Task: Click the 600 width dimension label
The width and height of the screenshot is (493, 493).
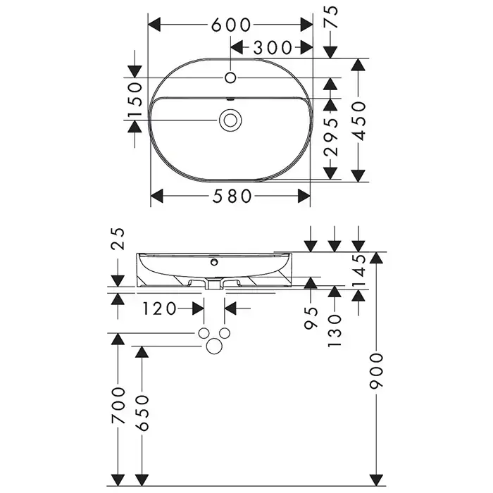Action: click(231, 25)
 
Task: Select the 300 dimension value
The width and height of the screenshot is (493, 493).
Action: click(273, 48)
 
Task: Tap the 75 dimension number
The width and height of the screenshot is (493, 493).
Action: click(331, 18)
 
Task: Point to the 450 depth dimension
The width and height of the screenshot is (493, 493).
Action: click(358, 120)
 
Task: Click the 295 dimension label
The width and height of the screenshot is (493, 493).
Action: click(331, 138)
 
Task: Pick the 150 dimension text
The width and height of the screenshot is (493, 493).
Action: click(135, 99)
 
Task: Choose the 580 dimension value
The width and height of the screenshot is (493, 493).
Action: click(232, 196)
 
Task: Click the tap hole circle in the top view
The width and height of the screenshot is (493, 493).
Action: click(230, 77)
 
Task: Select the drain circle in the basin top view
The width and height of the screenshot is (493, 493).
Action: click(230, 120)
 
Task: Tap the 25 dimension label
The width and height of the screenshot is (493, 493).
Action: click(118, 239)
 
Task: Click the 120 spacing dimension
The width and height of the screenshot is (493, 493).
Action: click(160, 308)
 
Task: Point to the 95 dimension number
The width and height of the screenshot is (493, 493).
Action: click(311, 318)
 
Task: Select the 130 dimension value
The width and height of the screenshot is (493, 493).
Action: click(335, 331)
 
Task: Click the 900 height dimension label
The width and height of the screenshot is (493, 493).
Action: click(376, 371)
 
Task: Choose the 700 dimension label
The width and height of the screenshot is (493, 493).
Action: click(118, 406)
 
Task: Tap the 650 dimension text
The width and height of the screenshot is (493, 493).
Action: click(142, 413)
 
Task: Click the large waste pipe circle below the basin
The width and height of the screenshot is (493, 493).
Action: click(214, 347)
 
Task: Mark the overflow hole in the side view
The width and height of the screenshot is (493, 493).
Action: click(214, 262)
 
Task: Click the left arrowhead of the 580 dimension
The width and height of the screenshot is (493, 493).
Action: click(157, 196)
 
